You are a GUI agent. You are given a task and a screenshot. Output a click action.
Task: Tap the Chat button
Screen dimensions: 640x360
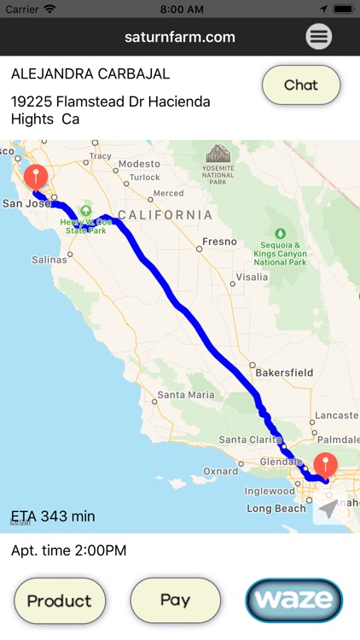[x=300, y=84]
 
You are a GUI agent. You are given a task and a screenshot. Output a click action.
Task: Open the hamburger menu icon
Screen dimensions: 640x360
[x=319, y=37]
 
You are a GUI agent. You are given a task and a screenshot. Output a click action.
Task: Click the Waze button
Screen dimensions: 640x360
[x=293, y=600]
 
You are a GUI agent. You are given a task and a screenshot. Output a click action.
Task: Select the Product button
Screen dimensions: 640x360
[x=59, y=600]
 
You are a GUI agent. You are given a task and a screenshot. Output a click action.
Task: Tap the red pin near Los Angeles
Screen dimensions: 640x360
[x=325, y=465]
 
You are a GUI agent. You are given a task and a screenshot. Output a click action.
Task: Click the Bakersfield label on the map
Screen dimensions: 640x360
[x=283, y=372]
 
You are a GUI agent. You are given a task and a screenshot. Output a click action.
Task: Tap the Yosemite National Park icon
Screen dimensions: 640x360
[x=218, y=154]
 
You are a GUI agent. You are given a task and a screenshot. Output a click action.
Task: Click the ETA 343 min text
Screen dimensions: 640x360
[x=53, y=516]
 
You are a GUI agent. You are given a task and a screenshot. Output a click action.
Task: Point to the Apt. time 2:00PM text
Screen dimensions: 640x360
[x=69, y=550]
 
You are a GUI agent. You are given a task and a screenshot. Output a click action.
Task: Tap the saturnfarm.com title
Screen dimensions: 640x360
[x=179, y=37]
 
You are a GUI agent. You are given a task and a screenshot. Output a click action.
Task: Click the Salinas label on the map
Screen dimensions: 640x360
[x=49, y=259]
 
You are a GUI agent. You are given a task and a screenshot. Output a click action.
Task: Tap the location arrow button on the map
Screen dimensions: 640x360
[x=328, y=509]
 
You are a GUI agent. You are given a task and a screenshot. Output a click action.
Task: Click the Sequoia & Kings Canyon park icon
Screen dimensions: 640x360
[x=281, y=233]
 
